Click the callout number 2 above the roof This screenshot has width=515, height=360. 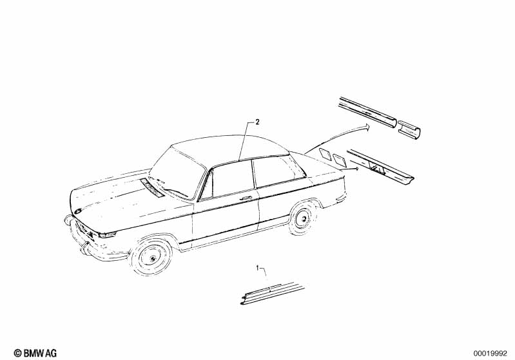pos(258,122)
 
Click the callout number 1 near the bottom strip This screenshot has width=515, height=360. pos(258,268)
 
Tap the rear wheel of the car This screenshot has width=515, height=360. pos(302,218)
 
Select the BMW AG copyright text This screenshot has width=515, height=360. pos(35,353)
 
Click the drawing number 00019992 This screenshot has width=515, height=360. pos(490,354)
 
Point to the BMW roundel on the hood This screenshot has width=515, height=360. pos(78,211)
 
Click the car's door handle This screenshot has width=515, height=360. pos(246,198)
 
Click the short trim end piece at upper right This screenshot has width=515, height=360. pos(409,129)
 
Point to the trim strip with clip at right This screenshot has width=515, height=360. pos(380,166)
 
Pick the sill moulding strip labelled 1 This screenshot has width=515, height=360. pos(273,293)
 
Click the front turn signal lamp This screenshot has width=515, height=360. pos(108,234)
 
